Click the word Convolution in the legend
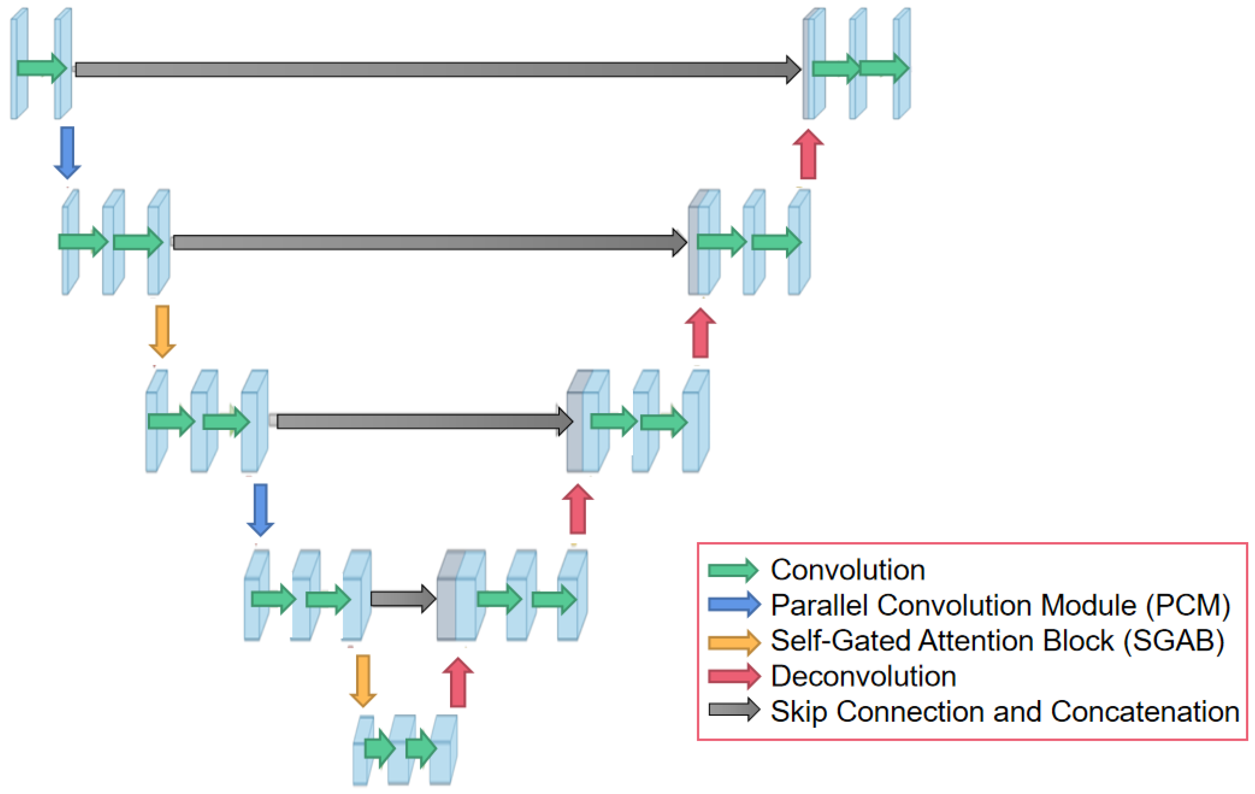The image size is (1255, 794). point(848,570)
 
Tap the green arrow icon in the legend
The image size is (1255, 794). point(733,570)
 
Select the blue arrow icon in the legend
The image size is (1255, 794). point(733,605)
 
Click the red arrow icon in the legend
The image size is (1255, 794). point(733,676)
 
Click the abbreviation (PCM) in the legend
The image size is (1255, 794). point(1188,606)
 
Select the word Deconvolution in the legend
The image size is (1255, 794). point(863,676)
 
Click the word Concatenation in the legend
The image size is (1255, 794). point(1144,711)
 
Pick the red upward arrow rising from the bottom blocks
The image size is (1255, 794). point(457,683)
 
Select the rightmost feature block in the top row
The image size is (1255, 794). point(901,64)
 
